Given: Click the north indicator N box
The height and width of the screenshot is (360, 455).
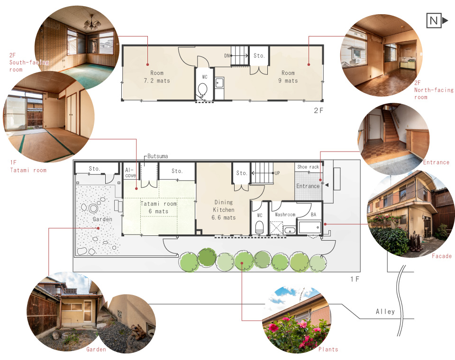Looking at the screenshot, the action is [434, 20].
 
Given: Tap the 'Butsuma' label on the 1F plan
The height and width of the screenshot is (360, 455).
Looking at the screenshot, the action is [157, 156].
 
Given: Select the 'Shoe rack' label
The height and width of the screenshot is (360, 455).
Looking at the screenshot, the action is [308, 167].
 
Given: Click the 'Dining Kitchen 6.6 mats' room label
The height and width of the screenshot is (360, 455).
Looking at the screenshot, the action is [223, 210].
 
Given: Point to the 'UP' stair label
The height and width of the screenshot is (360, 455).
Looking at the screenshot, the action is [277, 173].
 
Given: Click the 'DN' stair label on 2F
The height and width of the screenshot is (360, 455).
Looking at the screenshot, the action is [227, 55].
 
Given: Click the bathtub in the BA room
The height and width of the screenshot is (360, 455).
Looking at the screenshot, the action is [310, 227].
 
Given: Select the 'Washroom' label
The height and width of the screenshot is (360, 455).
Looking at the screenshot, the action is [285, 215].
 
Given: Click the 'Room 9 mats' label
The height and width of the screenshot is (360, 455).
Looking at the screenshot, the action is [288, 77].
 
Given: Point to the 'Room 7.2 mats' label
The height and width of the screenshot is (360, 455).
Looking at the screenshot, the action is [157, 77].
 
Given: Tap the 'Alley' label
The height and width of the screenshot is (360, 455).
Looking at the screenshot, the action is [385, 312].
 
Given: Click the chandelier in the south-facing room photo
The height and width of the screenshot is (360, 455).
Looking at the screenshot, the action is [92, 24].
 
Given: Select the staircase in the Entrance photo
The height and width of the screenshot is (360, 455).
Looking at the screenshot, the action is [391, 125].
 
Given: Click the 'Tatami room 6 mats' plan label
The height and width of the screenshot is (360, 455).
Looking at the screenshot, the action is [158, 207].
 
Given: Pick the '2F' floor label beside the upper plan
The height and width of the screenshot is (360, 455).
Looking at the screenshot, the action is [318, 110].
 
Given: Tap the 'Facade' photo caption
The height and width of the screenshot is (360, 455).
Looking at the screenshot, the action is [442, 256].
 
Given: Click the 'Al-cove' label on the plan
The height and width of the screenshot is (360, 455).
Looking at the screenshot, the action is [130, 172].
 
